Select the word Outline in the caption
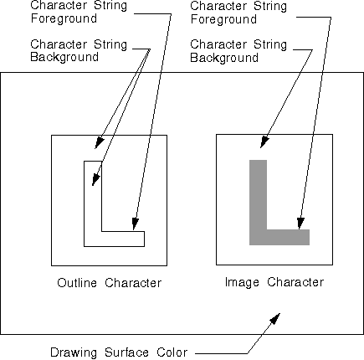pos(77,283)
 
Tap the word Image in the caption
pos(242,282)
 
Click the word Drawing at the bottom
pos(74,352)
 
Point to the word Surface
pos(126,352)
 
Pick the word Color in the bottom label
pos(172,352)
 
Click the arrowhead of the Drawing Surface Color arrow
pos(274,319)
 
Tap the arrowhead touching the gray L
pos(300,224)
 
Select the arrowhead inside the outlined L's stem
pos(95,179)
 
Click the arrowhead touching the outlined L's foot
pos(135,224)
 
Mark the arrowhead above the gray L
pos(264,142)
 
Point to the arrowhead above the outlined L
pos(100,143)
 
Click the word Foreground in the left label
pos(64,18)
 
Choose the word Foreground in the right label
pos(223,19)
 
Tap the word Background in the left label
pos(64,57)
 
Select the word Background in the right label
pos(224,58)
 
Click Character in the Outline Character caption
pos(133,283)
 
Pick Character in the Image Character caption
pos(295,282)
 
